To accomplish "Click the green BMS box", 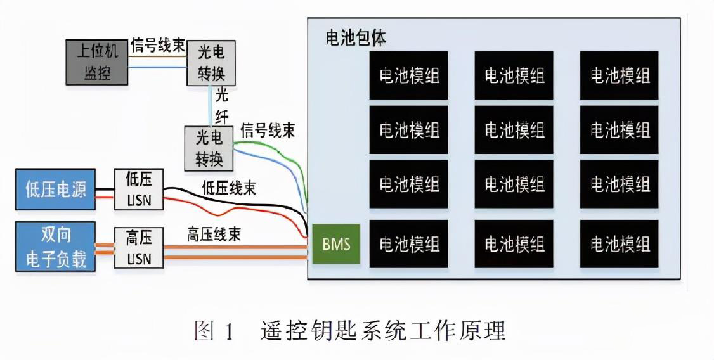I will click(x=336, y=244).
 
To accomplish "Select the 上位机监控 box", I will click(x=97, y=62).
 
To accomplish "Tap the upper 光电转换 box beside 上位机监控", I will click(x=211, y=63).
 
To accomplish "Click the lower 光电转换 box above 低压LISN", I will click(x=209, y=148).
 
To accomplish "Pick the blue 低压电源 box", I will click(x=56, y=189).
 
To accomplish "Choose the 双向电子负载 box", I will click(x=56, y=247).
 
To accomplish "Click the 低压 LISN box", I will click(x=138, y=189).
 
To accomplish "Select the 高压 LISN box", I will click(x=138, y=248).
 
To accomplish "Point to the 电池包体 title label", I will click(x=356, y=37).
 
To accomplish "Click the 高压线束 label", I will click(x=214, y=234).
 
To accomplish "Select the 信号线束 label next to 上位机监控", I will click(x=158, y=46).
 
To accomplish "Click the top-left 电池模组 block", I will click(x=409, y=75).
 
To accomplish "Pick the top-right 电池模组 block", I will click(x=620, y=75).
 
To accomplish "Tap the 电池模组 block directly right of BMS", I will click(x=409, y=244).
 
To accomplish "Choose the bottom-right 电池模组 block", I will click(x=620, y=244).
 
